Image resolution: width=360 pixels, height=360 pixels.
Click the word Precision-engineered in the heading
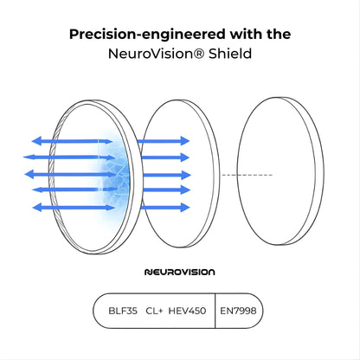[148, 35]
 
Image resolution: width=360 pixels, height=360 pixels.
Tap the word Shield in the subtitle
[230, 54]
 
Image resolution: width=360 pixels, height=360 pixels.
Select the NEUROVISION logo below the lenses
[179, 272]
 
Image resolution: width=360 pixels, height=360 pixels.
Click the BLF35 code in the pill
[123, 311]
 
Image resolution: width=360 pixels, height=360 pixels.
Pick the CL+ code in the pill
[154, 311]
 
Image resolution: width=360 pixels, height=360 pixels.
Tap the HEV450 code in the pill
[187, 311]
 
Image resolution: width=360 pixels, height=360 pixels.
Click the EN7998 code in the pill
[238, 311]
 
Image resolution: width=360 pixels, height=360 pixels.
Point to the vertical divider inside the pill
[215, 311]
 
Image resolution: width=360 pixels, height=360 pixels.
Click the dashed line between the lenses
[247, 175]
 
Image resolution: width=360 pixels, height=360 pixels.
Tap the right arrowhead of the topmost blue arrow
[184, 141]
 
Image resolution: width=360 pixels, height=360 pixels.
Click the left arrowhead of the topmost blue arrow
[36, 141]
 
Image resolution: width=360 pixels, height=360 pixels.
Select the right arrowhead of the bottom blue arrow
[185, 208]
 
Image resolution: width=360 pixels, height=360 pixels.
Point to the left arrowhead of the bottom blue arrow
[37, 208]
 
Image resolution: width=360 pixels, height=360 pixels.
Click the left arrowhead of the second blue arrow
[29, 157]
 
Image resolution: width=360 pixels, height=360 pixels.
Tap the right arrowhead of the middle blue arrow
[186, 175]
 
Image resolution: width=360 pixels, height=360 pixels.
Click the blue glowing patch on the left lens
[114, 173]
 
